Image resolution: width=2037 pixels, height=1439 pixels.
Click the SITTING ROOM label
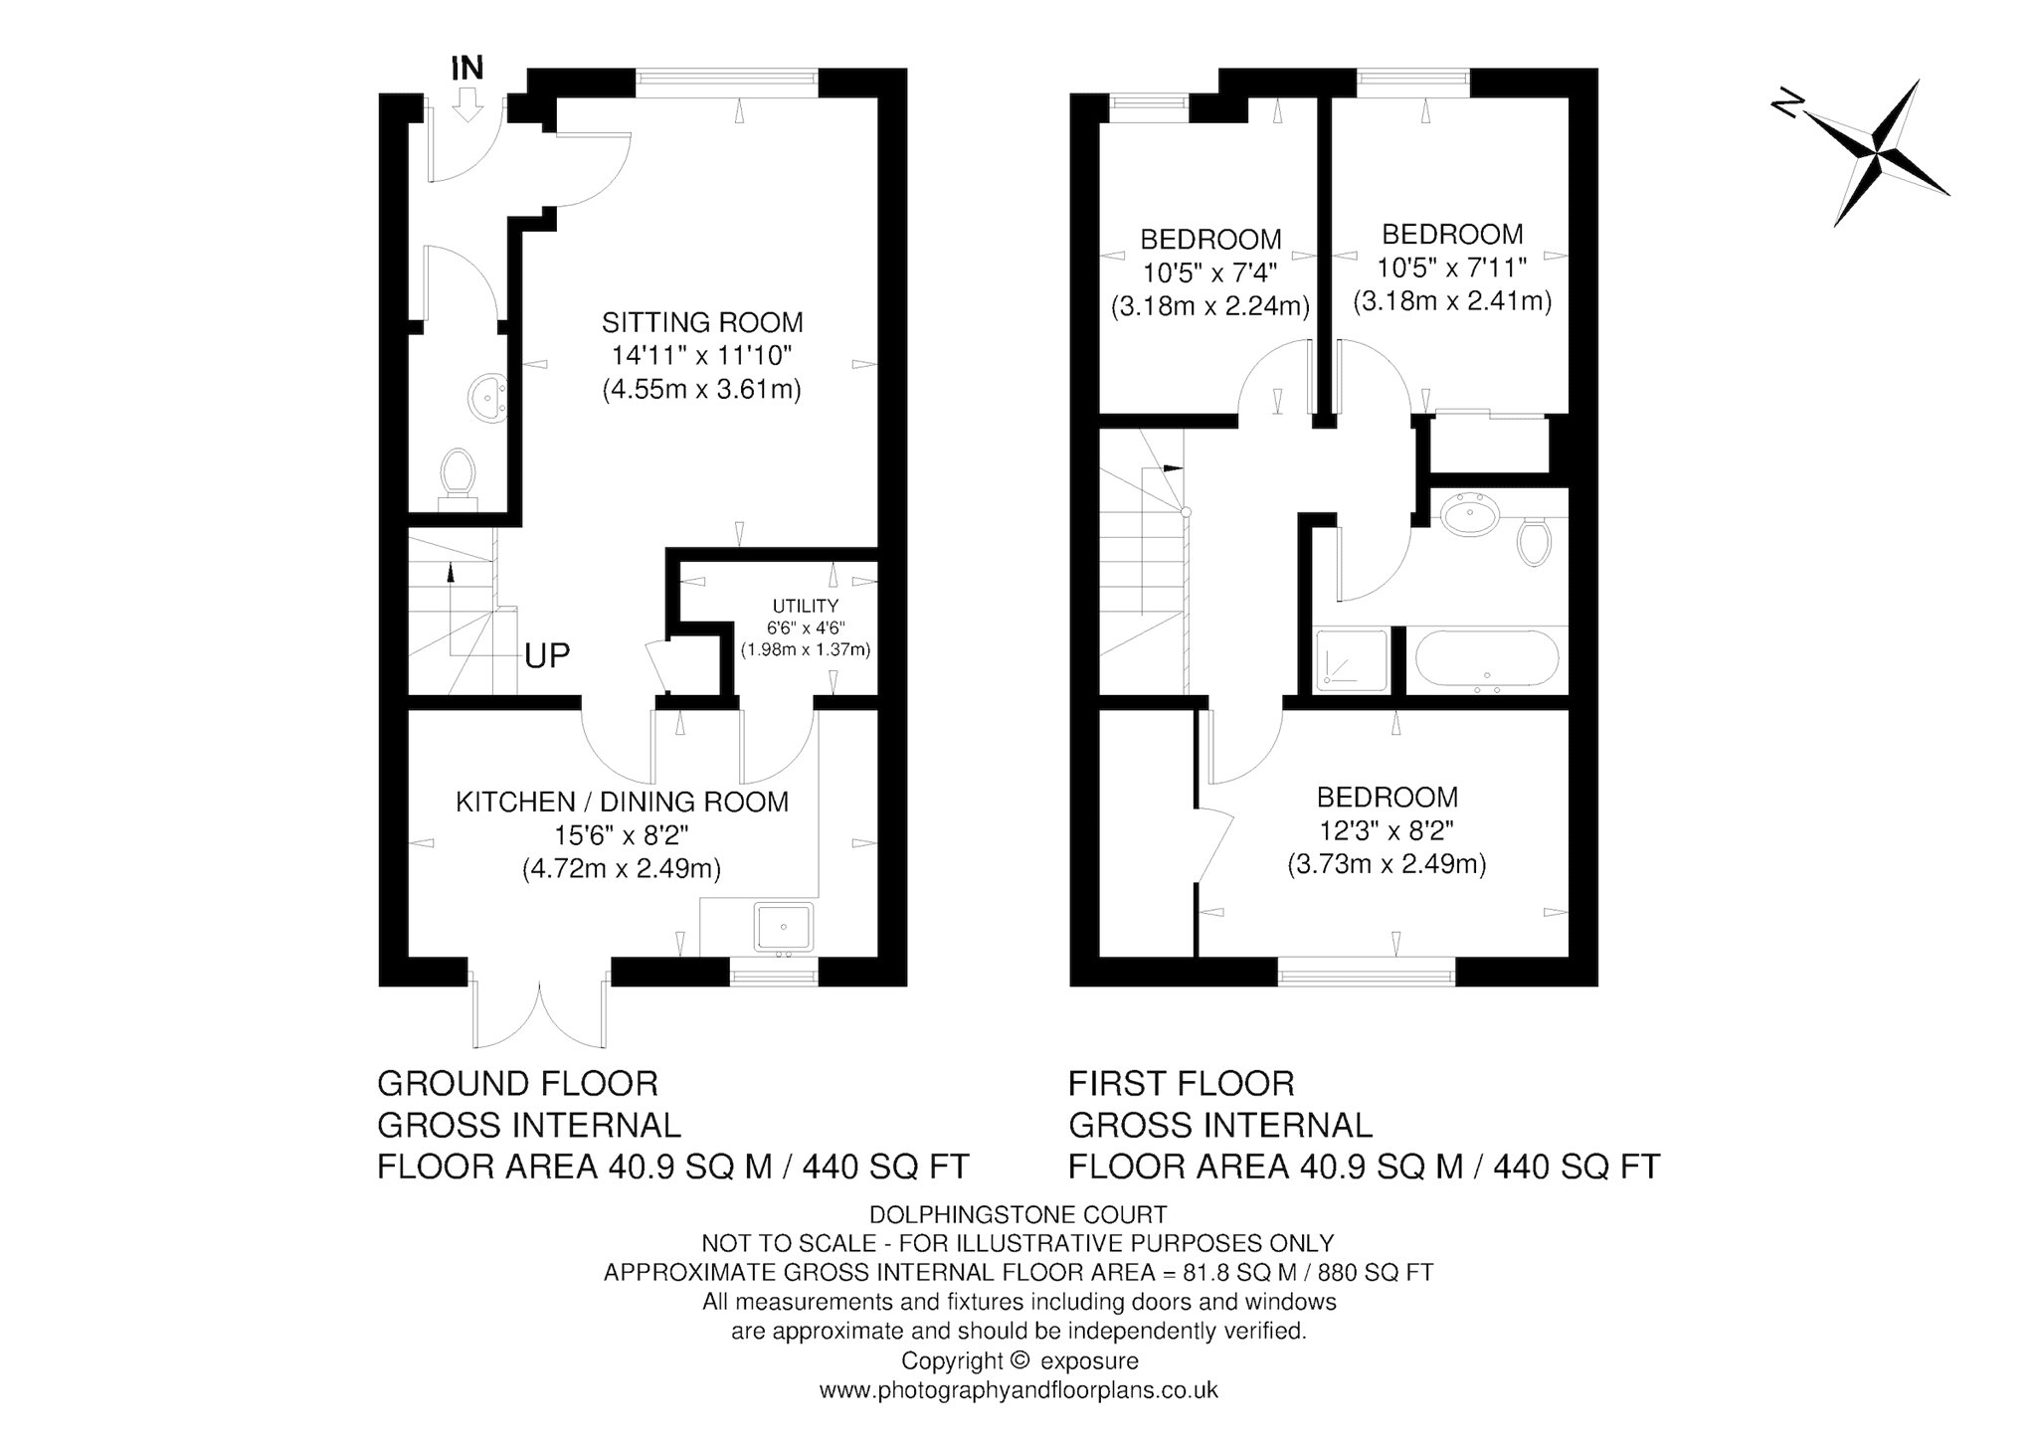(x=702, y=322)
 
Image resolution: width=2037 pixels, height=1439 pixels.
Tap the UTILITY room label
(x=806, y=606)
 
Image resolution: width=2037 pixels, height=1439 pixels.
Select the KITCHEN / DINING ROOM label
(x=622, y=802)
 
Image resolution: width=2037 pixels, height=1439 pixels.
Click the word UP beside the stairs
(x=547, y=655)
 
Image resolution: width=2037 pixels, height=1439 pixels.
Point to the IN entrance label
(x=467, y=69)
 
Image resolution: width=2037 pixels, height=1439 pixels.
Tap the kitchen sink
(x=784, y=928)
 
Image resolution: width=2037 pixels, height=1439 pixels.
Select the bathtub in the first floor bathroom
(x=1486, y=658)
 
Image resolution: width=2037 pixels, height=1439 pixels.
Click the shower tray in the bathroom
(x=1351, y=660)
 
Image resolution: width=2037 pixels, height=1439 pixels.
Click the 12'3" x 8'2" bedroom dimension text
(x=1388, y=830)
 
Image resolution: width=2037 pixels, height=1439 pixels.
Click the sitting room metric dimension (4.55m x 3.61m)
(x=702, y=389)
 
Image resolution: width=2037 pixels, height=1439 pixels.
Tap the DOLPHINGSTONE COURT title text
(x=1018, y=1214)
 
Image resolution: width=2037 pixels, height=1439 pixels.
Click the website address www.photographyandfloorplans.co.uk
(x=1018, y=1390)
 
